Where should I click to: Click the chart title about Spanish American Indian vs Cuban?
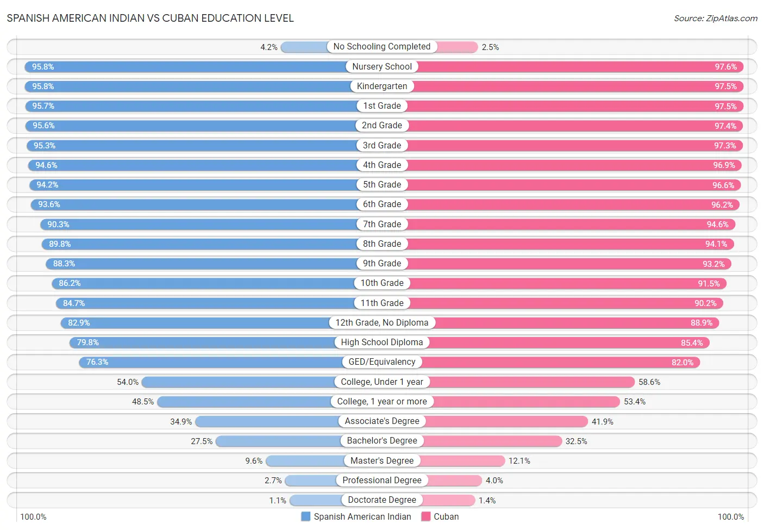[150, 18]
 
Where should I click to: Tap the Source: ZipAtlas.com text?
[715, 18]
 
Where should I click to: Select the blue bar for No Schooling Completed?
[304, 47]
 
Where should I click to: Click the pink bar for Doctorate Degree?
[449, 500]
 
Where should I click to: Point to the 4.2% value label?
[269, 47]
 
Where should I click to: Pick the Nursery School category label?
[382, 66]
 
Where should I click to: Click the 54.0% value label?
[128, 382]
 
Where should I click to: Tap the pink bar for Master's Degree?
[462, 461]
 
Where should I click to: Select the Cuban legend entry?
[440, 516]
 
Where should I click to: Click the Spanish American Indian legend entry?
[356, 516]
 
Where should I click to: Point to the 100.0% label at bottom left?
[33, 516]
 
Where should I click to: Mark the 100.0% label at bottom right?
[730, 516]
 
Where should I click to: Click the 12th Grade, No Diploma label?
[382, 323]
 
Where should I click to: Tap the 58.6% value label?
[649, 382]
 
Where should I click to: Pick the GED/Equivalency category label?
[382, 362]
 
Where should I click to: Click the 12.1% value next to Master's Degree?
[519, 461]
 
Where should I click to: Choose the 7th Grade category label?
[382, 224]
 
